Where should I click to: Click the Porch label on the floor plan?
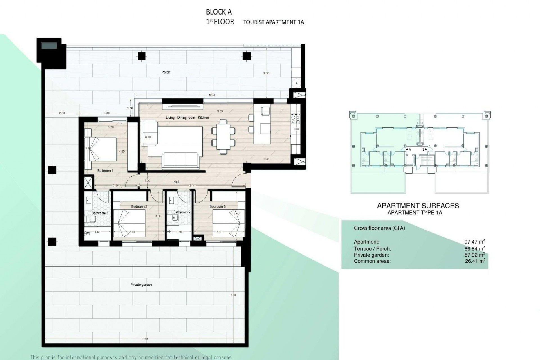(166, 72)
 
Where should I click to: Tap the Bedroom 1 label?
(105, 171)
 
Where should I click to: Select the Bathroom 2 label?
(182, 212)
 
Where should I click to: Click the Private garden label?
(141, 285)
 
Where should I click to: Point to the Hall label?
(176, 182)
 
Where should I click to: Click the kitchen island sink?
(265, 111)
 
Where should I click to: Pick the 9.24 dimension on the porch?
(212, 95)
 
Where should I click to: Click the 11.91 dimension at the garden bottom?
(145, 339)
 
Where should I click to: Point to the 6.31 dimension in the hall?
(193, 186)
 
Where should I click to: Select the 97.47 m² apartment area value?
(474, 242)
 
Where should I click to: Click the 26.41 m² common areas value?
(475, 261)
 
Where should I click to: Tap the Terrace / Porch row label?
(372, 249)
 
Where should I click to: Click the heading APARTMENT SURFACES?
(418, 206)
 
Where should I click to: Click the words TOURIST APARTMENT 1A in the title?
(273, 22)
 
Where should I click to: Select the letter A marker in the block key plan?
(410, 150)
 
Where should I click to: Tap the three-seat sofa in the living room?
(179, 161)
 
